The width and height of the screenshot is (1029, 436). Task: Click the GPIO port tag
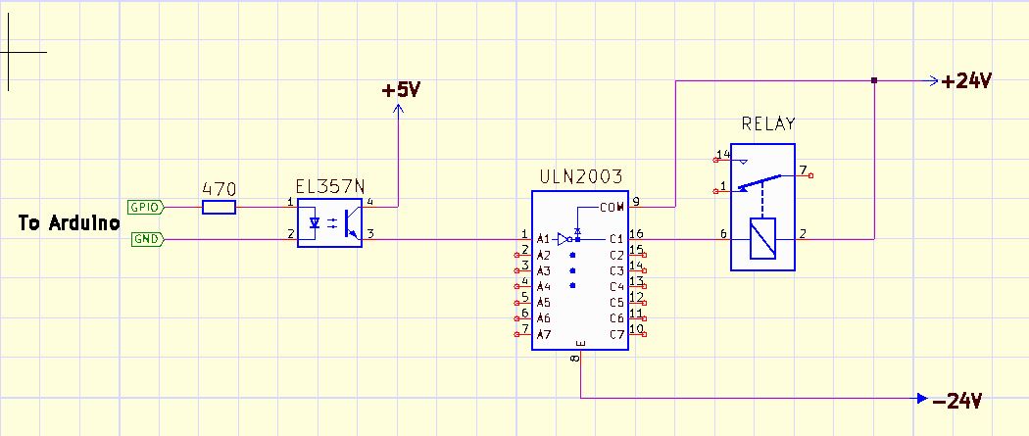pyautogui.click(x=144, y=207)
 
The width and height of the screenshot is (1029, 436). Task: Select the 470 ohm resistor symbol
pyautogui.click(x=219, y=207)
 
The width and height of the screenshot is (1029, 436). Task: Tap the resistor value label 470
pyautogui.click(x=219, y=188)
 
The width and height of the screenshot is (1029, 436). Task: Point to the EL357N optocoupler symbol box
pyautogui.click(x=329, y=222)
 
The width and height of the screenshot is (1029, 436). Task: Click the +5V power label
pyautogui.click(x=401, y=90)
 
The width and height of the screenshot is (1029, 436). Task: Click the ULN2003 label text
pyautogui.click(x=580, y=177)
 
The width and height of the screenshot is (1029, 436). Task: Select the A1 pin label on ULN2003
pyautogui.click(x=543, y=239)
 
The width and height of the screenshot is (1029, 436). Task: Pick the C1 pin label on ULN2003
pyautogui.click(x=616, y=239)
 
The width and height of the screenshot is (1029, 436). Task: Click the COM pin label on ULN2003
pyautogui.click(x=612, y=207)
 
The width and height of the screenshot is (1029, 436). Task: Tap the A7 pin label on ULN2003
pyautogui.click(x=543, y=335)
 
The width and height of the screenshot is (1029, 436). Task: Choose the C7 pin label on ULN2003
pyautogui.click(x=616, y=335)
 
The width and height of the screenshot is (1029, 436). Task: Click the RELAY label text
pyautogui.click(x=768, y=124)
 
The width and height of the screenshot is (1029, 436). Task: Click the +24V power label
pyautogui.click(x=966, y=82)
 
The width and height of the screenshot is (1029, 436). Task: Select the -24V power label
pyautogui.click(x=956, y=400)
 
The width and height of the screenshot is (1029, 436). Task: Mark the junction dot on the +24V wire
pyautogui.click(x=874, y=80)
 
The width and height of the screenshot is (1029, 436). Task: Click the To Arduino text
pyautogui.click(x=69, y=223)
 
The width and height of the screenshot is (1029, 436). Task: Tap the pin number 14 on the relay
pyautogui.click(x=723, y=155)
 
